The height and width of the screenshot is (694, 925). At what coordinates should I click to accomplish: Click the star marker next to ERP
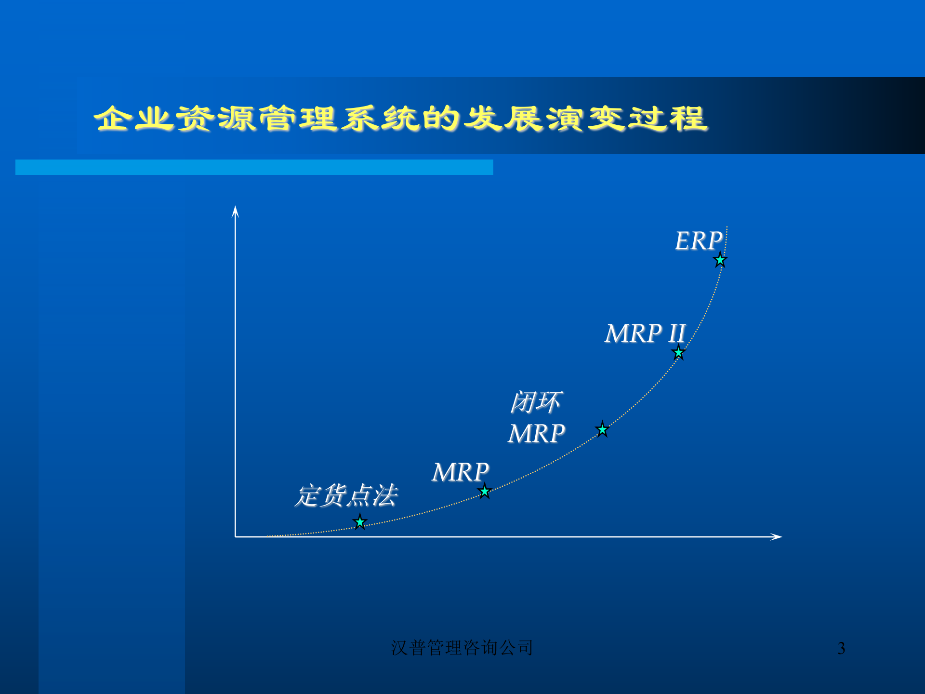(x=720, y=260)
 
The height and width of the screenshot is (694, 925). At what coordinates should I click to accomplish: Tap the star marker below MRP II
(x=678, y=353)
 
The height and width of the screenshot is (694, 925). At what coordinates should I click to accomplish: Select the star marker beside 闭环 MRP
(x=602, y=429)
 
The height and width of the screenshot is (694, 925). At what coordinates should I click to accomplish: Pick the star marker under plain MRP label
(x=485, y=492)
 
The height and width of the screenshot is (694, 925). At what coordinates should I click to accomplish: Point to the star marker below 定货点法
(x=360, y=522)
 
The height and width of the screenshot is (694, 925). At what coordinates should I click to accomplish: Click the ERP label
(x=698, y=241)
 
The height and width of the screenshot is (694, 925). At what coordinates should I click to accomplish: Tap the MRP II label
(x=645, y=334)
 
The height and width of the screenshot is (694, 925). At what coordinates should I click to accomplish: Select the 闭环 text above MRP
(x=536, y=402)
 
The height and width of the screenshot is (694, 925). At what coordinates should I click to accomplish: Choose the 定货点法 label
(x=345, y=496)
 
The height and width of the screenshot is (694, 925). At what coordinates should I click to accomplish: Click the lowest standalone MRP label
(x=460, y=472)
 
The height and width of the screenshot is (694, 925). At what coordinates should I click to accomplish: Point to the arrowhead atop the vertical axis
(x=235, y=211)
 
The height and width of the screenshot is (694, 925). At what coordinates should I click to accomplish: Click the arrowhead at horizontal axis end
(x=776, y=536)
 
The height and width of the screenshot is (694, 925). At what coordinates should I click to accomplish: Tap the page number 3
(x=841, y=648)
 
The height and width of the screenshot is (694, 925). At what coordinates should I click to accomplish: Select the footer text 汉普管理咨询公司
(x=462, y=648)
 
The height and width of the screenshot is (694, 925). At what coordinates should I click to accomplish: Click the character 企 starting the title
(x=112, y=119)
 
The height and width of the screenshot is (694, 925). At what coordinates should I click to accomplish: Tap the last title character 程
(x=688, y=119)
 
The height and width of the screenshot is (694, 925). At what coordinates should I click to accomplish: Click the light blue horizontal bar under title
(x=254, y=167)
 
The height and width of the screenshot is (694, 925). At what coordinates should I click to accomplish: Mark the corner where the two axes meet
(x=235, y=536)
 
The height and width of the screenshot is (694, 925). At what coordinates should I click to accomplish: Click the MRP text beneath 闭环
(x=536, y=434)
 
